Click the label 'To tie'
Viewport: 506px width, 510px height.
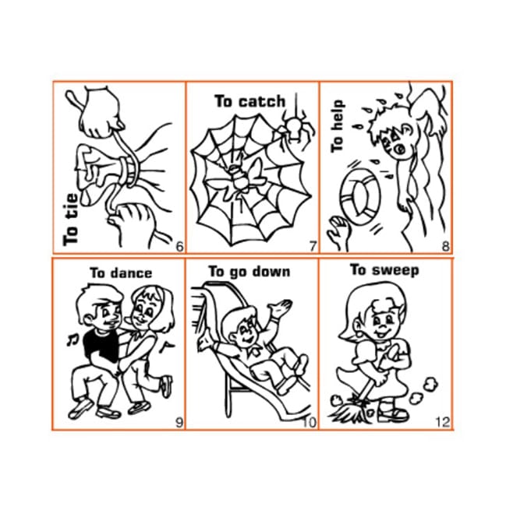(x=71, y=220)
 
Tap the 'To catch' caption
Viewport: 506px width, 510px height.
(x=250, y=101)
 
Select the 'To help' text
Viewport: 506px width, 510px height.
(x=337, y=126)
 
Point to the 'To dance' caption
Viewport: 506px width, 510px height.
(x=121, y=273)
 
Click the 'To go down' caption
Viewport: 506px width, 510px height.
(x=249, y=272)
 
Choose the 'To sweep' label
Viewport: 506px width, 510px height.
(x=384, y=270)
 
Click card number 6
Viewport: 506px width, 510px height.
(x=179, y=247)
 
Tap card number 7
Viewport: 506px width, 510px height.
(x=313, y=247)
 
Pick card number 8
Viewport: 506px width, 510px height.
(x=445, y=247)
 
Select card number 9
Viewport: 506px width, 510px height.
(x=179, y=423)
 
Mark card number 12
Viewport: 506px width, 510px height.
(x=443, y=422)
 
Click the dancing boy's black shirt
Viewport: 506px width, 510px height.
(x=101, y=346)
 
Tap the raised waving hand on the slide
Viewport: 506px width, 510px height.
(x=280, y=308)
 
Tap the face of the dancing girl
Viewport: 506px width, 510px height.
(x=143, y=309)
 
